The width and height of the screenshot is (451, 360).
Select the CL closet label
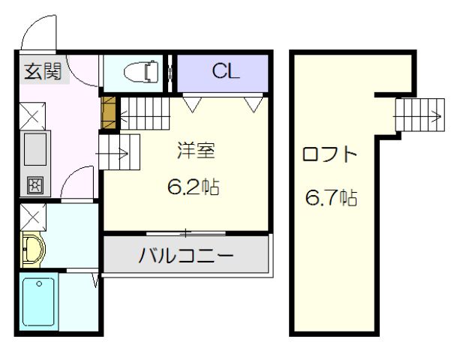click(224, 72)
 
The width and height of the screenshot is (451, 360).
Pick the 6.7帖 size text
click(330, 199)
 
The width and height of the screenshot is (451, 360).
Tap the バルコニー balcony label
click(185, 256)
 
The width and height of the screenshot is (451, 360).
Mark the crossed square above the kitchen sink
click(35, 116)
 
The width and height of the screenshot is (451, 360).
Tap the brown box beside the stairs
click(109, 112)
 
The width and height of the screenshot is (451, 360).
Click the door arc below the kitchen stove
click(77, 183)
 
